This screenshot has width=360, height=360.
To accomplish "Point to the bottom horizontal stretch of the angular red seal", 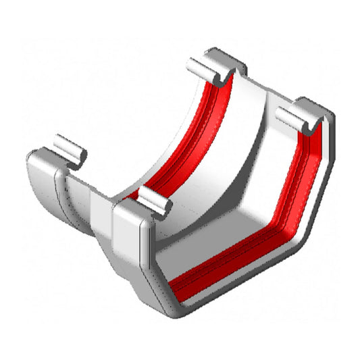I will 230,260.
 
